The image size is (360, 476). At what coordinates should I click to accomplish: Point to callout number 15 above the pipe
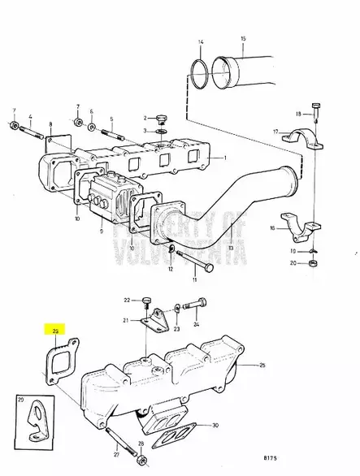tap(242, 39)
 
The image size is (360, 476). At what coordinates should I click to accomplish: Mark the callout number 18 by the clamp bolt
tap(299, 114)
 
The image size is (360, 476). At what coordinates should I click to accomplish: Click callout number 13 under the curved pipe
tap(231, 247)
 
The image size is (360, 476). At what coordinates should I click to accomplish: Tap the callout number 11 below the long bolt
tap(194, 280)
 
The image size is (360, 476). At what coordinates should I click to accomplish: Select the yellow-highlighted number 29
tap(56, 331)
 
